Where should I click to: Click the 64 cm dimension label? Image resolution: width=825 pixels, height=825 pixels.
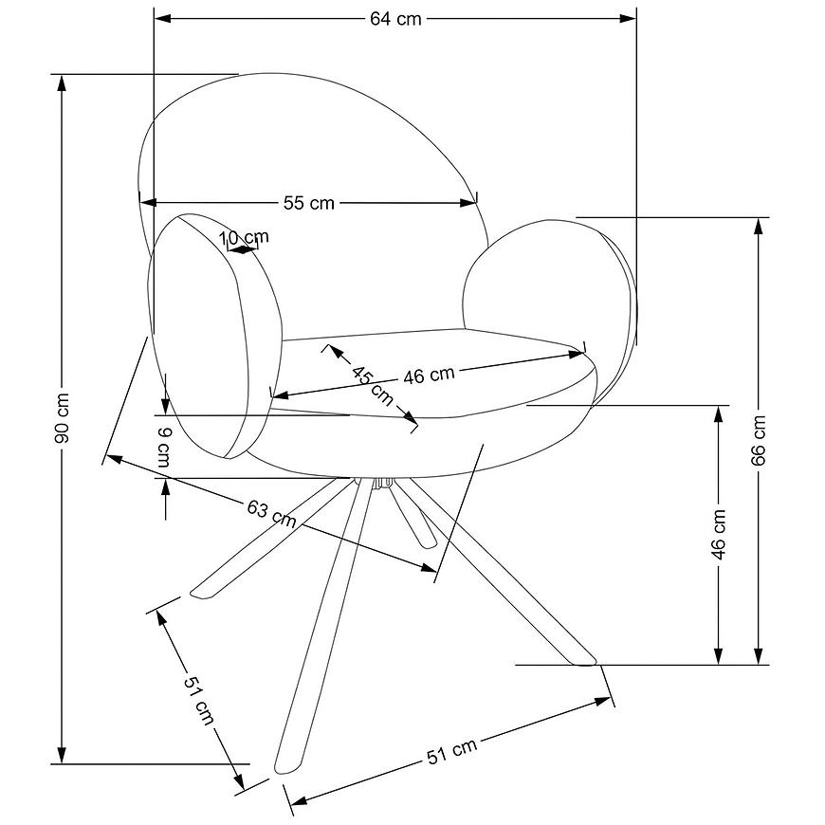[x=395, y=19]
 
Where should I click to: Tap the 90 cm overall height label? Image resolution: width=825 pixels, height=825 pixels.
[x=62, y=418]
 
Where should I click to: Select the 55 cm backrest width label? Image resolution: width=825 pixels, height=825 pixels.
[x=309, y=203]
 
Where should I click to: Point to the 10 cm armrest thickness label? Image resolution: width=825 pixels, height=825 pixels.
[x=244, y=237]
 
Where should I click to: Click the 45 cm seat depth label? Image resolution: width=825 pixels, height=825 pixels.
[x=373, y=387]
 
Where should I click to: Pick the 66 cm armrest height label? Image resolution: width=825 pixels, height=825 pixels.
[x=759, y=440]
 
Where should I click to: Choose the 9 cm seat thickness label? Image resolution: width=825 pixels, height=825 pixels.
[x=164, y=448]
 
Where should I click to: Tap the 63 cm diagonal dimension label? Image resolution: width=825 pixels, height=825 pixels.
[x=271, y=514]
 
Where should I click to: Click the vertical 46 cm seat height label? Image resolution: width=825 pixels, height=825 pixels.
[x=718, y=534]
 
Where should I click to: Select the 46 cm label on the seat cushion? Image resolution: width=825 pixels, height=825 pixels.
[x=429, y=376]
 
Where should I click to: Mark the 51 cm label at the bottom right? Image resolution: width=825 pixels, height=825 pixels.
[x=451, y=751]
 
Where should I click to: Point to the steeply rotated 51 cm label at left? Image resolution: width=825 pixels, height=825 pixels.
[x=199, y=699]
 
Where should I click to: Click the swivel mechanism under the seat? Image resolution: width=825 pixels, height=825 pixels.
[x=382, y=483]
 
